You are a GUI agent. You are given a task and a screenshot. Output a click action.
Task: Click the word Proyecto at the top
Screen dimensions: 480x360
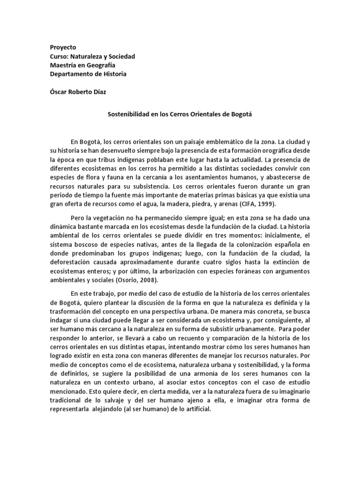tap(63, 47)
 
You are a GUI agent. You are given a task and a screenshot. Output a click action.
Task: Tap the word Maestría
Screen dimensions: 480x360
tap(65, 65)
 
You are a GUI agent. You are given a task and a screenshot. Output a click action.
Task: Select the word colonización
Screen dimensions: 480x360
tap(259, 245)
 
